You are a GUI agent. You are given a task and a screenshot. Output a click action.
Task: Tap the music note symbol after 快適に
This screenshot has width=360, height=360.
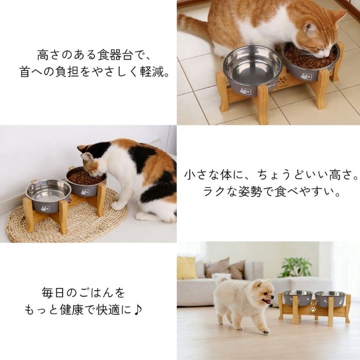pos(138,310)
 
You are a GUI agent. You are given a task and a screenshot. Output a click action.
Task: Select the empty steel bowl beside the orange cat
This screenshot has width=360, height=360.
pos(253,70)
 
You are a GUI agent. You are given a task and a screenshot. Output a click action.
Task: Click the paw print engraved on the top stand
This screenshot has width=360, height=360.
pos(281,81)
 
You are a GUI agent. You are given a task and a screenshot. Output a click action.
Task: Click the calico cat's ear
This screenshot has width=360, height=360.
pos(88,157)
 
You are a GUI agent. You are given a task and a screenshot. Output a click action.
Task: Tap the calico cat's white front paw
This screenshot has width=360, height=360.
pos(118,206)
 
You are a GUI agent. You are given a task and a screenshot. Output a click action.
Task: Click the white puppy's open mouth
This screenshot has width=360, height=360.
pos(267,301)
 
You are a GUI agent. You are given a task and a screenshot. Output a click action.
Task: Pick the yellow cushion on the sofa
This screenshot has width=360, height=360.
pos(186,268)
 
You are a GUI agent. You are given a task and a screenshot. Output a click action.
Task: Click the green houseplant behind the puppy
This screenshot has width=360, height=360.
pos(296,267)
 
